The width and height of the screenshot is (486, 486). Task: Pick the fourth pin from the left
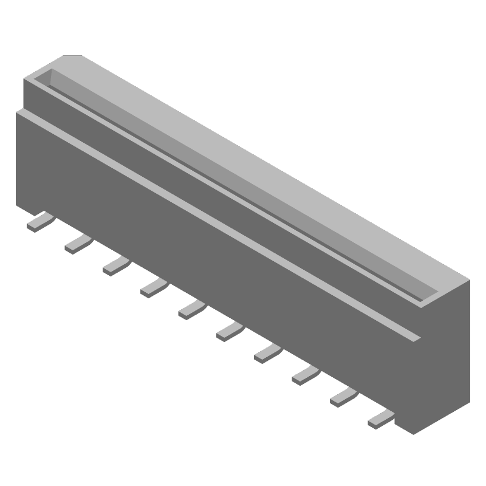152,287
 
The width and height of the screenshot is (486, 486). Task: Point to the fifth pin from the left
191,309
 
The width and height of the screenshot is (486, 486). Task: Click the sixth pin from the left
228,330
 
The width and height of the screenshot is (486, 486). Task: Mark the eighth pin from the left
304,374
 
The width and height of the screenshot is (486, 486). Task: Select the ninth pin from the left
342,395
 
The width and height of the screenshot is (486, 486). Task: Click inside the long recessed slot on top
243,182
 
